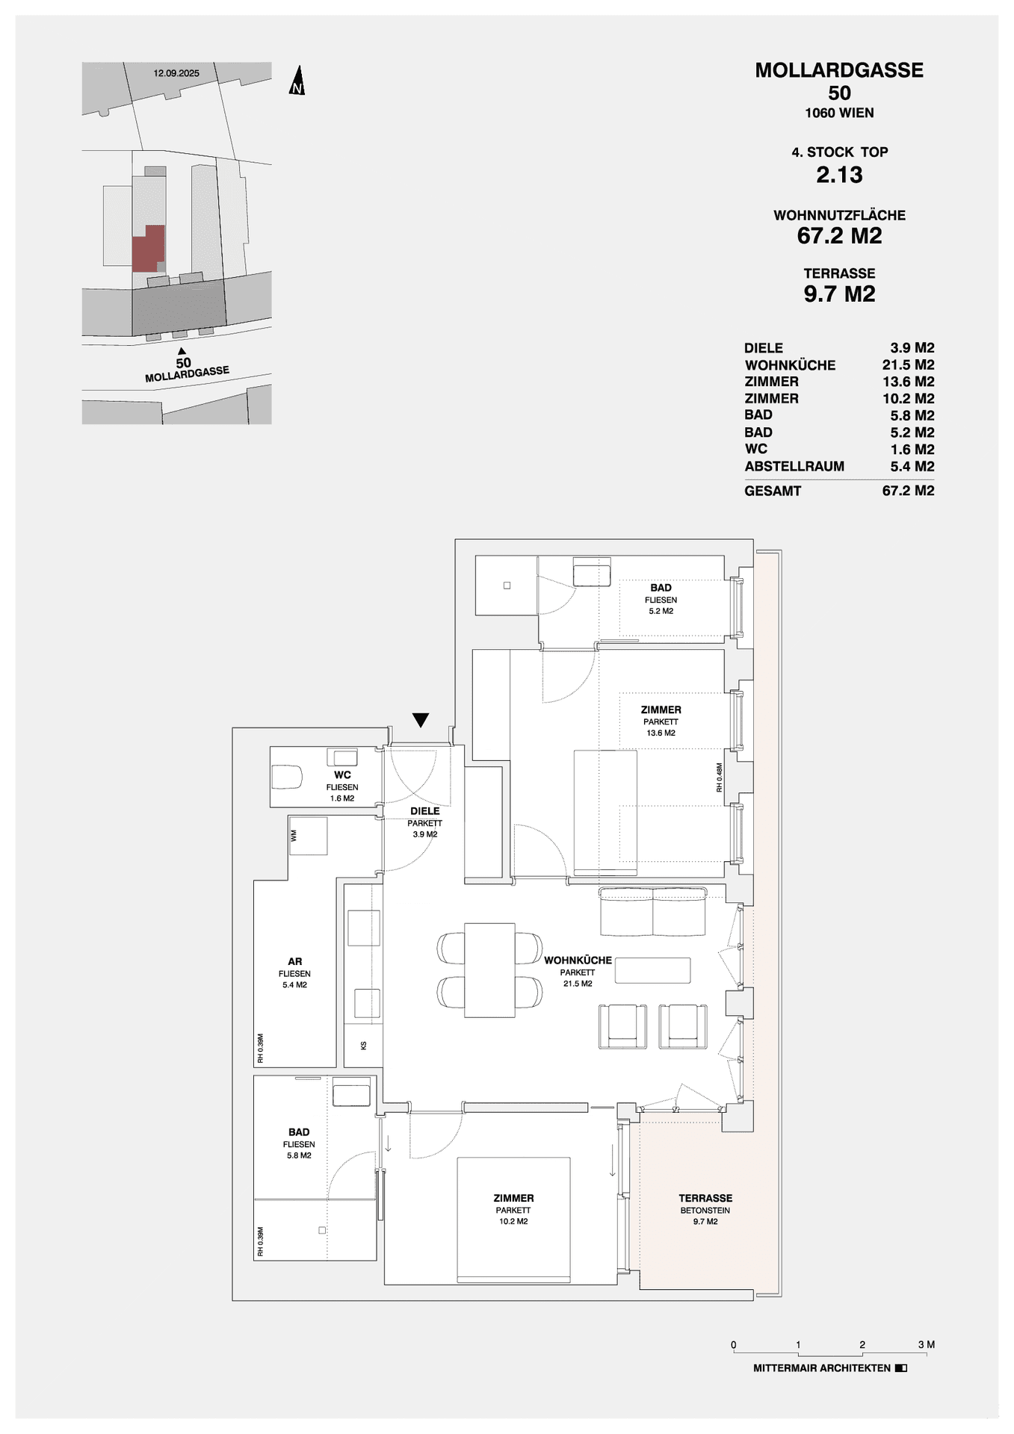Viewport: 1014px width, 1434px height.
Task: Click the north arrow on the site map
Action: (x=297, y=81)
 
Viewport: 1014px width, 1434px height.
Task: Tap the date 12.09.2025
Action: (x=176, y=73)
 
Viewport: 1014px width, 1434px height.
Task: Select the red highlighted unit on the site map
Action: (x=148, y=249)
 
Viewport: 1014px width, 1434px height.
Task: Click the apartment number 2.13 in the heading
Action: (x=839, y=175)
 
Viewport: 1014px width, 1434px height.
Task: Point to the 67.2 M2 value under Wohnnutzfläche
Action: (x=839, y=236)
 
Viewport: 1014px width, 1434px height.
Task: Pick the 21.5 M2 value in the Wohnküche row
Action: (x=908, y=365)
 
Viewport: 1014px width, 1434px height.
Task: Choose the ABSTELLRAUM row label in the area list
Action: (x=794, y=467)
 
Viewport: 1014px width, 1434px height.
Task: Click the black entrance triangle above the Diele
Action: (x=421, y=720)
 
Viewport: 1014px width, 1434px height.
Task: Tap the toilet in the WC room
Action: (x=286, y=777)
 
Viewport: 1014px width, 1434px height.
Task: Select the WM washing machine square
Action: (x=308, y=836)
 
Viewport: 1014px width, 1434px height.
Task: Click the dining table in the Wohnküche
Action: (x=489, y=970)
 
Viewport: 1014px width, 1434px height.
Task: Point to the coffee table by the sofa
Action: (x=652, y=970)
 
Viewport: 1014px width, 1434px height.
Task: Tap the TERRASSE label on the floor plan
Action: (x=705, y=1198)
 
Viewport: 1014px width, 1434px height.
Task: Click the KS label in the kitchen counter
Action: (x=364, y=1046)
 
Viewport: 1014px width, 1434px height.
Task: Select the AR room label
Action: (x=294, y=962)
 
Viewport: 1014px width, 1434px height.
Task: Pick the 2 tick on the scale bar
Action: (x=862, y=1345)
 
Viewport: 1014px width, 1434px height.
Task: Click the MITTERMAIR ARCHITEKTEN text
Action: (x=822, y=1368)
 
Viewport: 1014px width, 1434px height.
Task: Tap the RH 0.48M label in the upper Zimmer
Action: (x=720, y=777)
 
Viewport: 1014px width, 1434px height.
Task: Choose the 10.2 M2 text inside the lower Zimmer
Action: (x=513, y=1222)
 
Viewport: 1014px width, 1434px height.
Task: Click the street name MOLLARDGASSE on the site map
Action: (x=187, y=373)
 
